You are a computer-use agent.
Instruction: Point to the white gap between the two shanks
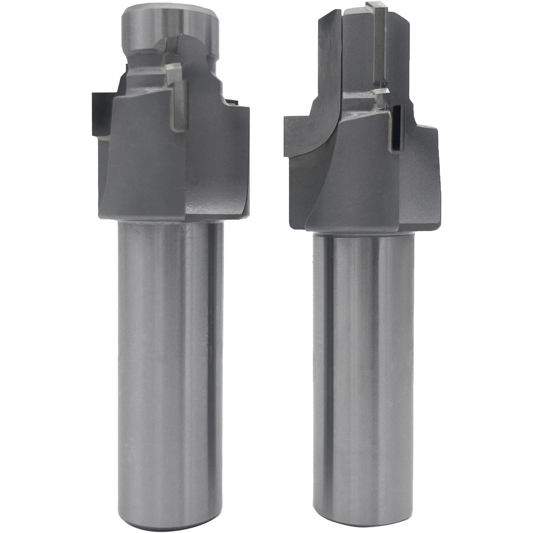point(266,373)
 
